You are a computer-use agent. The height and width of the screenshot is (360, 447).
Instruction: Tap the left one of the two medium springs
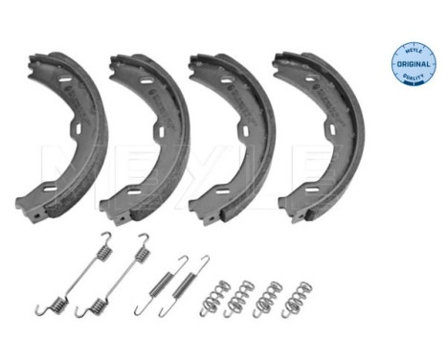[162, 281]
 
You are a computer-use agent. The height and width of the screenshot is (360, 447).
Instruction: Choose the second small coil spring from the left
[241, 298]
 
